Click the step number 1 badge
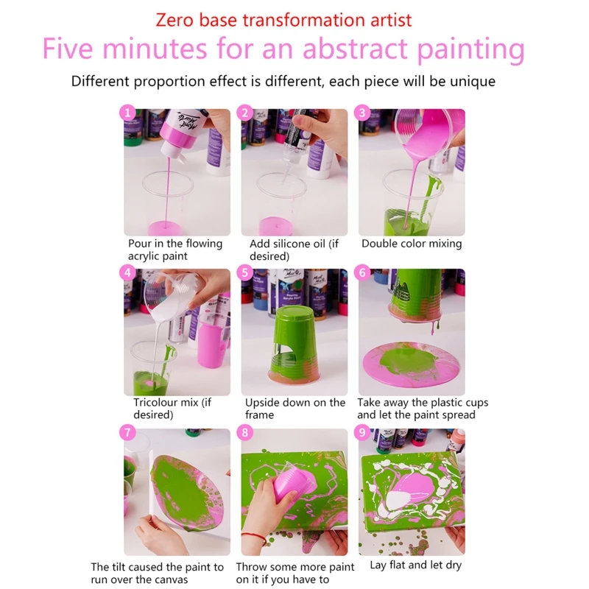129,113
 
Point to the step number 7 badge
129,433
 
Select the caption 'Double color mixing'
412,244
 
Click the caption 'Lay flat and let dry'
417,565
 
